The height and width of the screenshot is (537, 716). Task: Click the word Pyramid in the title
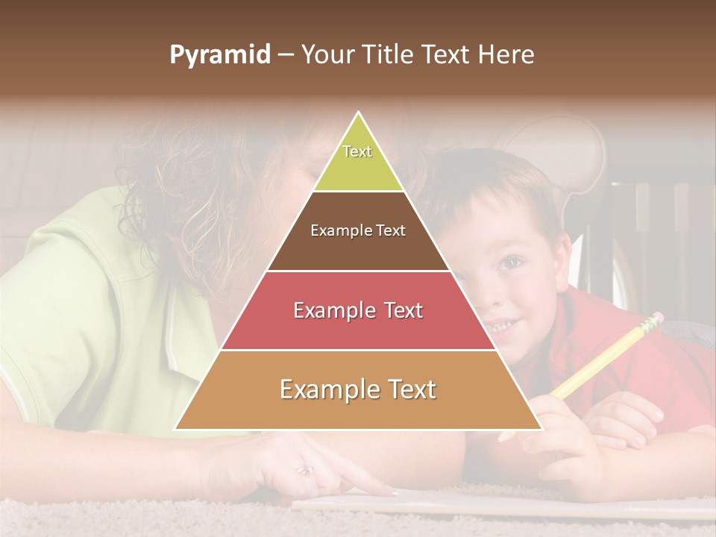click(x=219, y=55)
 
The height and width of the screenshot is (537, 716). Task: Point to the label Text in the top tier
click(x=357, y=151)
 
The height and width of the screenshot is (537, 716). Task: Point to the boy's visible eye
click(x=511, y=262)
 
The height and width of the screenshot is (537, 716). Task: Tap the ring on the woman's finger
click(x=306, y=470)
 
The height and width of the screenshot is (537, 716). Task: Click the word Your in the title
click(x=325, y=55)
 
